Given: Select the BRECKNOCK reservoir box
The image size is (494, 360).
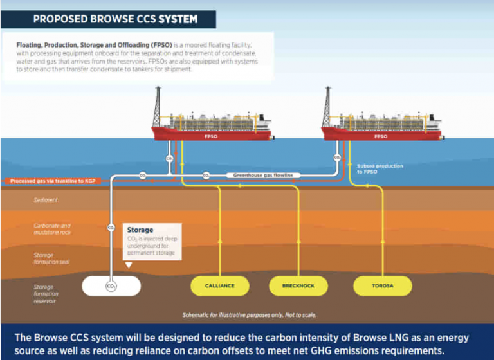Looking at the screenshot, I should [x=298, y=285].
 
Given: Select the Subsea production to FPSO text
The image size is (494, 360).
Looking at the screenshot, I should [x=380, y=168].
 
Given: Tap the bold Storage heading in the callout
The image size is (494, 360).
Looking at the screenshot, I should [x=140, y=230].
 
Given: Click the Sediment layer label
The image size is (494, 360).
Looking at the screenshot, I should [x=46, y=200].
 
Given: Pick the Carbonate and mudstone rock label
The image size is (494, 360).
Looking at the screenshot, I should [x=53, y=229].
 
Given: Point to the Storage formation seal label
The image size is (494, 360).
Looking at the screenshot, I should [x=52, y=258].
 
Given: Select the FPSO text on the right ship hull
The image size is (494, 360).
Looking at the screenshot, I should [x=381, y=136].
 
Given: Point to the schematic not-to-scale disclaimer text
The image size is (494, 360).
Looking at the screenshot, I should [x=249, y=315].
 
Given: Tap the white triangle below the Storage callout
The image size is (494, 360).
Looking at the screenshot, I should [x=129, y=264].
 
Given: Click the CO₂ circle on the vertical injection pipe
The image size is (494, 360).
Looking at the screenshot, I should [x=111, y=227].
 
